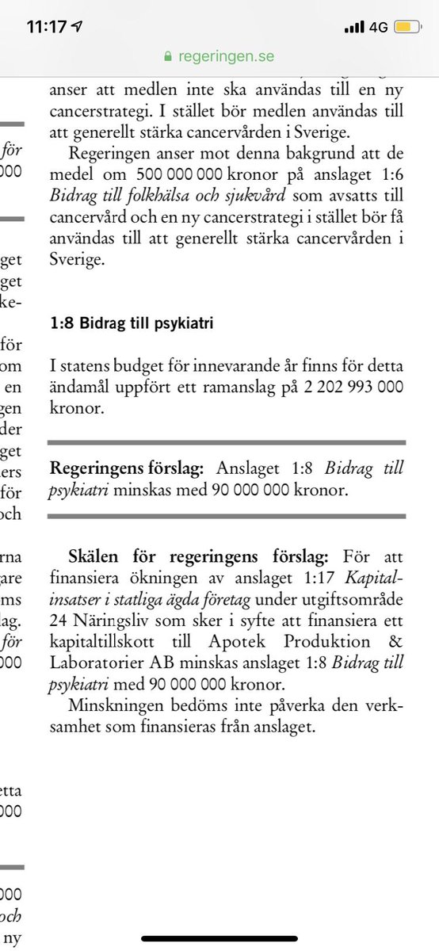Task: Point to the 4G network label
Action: pos(378,27)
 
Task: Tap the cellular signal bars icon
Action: pos(354,27)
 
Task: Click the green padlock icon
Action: pos(167,57)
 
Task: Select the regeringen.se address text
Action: pos(227,57)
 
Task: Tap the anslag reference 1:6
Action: pos(388,173)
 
